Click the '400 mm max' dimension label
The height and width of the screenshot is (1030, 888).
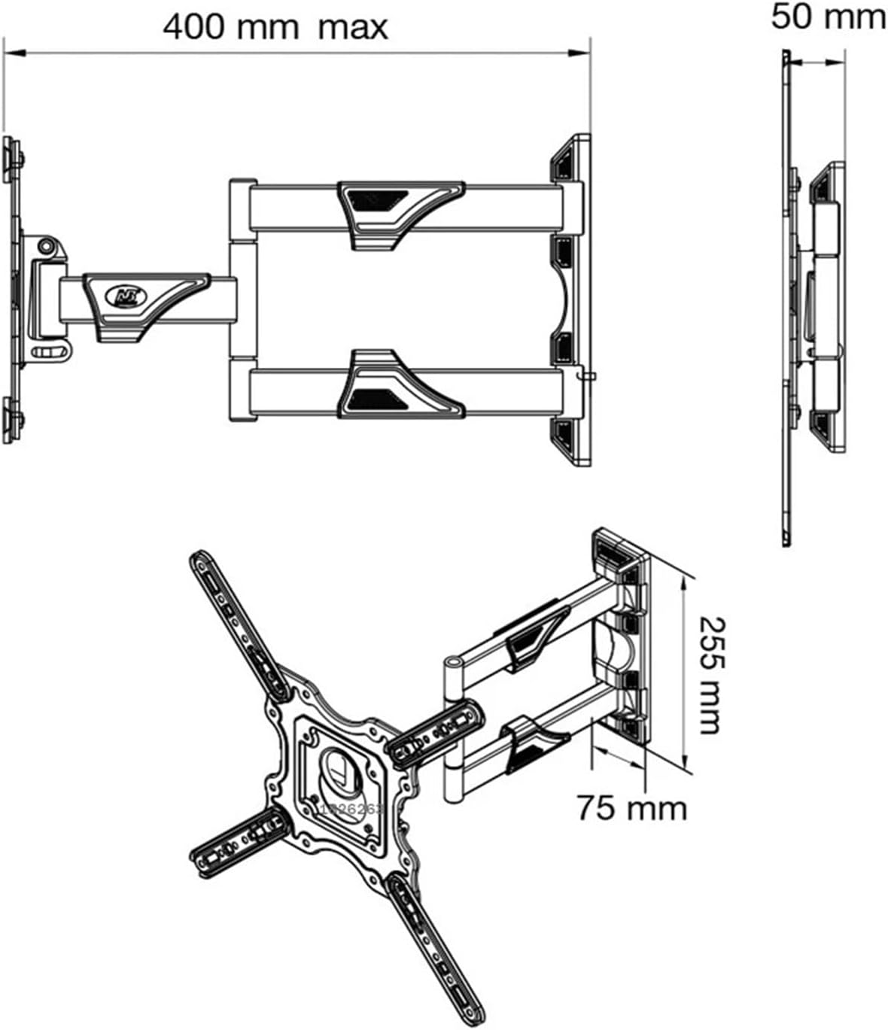275,28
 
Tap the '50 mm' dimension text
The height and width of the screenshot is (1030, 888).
828,17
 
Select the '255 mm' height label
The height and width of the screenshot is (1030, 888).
710,675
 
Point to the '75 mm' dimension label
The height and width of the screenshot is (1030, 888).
632,808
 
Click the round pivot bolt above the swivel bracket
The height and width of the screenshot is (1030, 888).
47,245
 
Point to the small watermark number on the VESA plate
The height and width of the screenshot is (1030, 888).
352,809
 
